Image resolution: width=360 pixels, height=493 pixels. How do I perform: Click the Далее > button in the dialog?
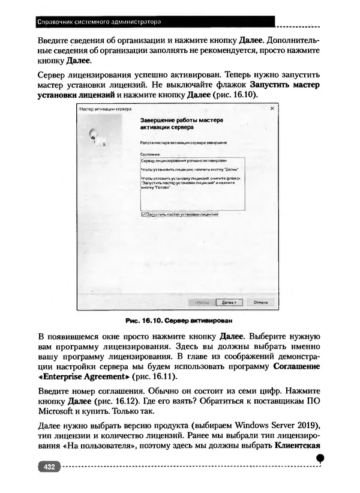click(227, 303)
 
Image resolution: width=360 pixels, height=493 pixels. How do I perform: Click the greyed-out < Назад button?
click(200, 303)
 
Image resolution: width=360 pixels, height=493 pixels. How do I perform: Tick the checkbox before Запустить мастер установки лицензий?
click(143, 214)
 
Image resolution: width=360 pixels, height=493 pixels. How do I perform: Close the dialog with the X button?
click(272, 109)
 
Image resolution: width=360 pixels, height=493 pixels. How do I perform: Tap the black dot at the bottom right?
click(320, 458)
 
